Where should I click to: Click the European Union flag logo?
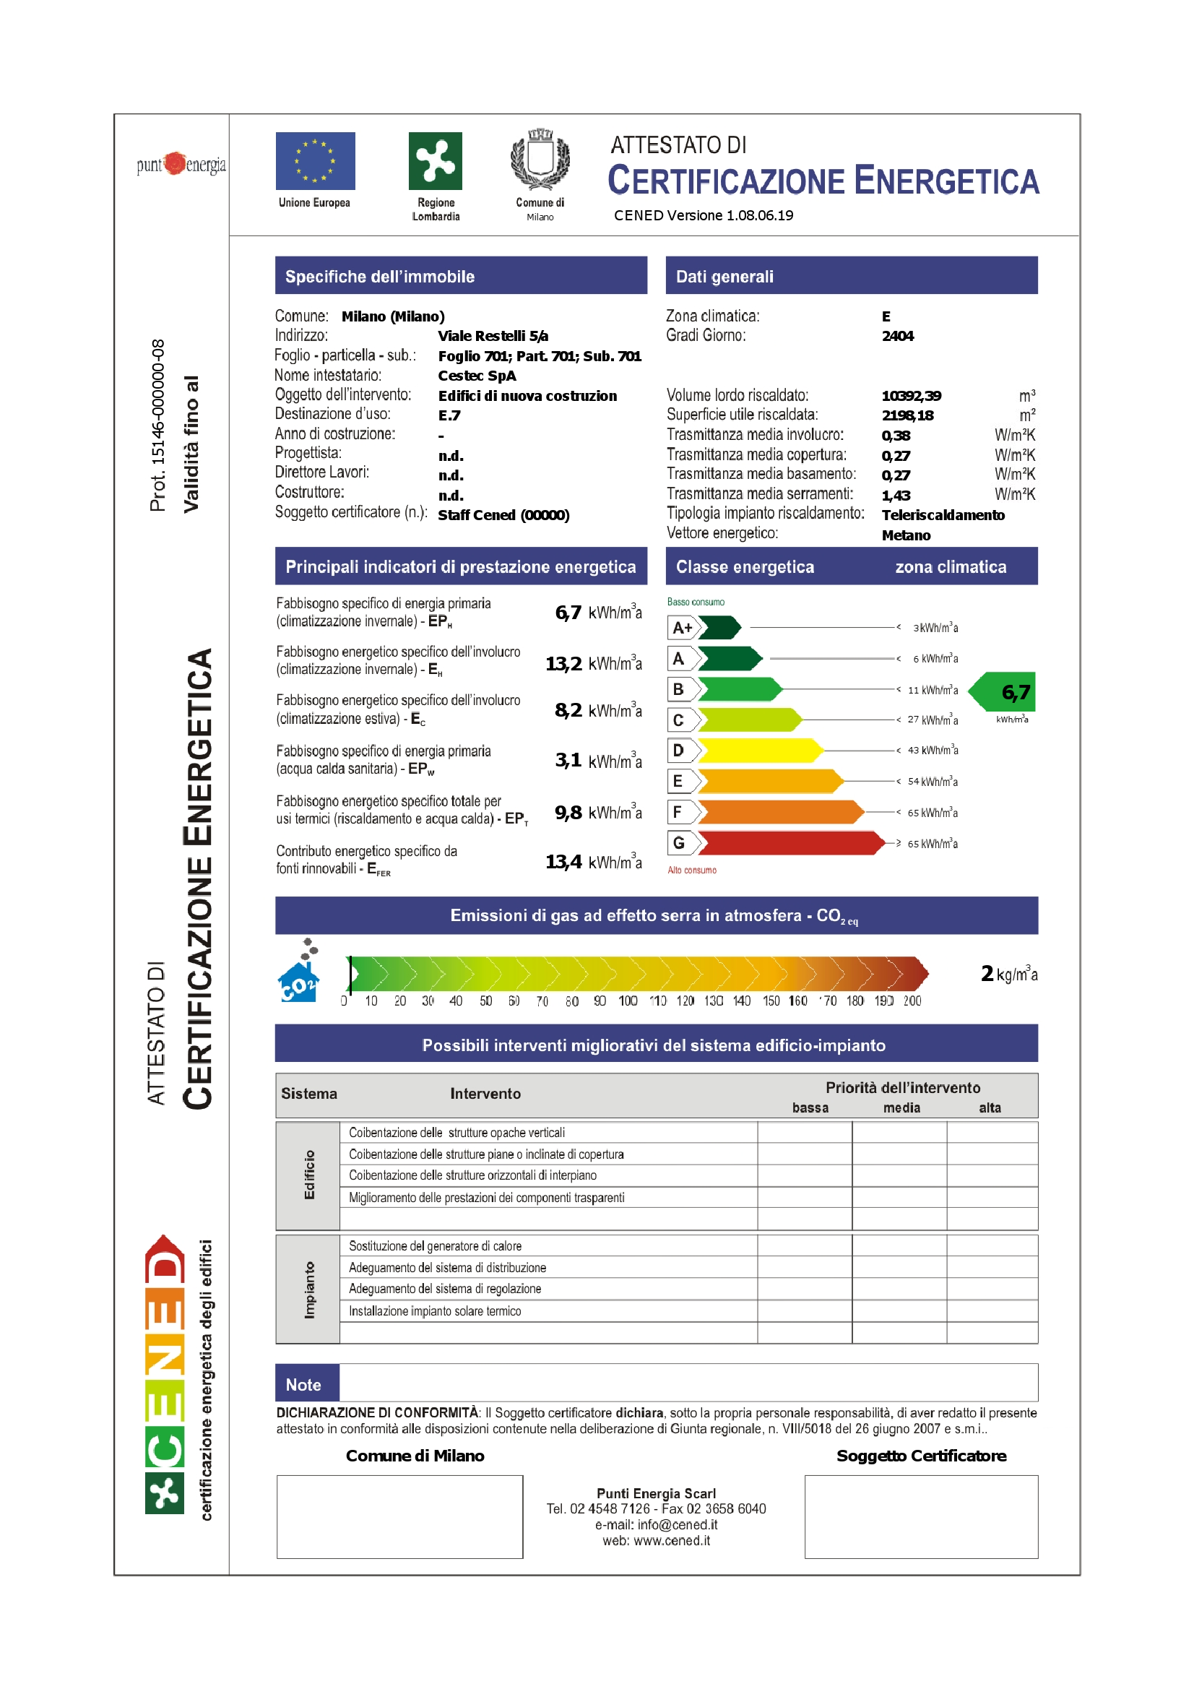click(x=315, y=160)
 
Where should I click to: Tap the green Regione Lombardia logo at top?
click(x=435, y=160)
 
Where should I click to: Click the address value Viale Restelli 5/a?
click(x=493, y=336)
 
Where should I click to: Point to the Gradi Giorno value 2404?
click(x=898, y=336)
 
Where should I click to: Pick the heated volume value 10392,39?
click(x=911, y=396)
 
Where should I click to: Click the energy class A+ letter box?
click(x=681, y=628)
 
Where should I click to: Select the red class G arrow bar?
click(x=791, y=843)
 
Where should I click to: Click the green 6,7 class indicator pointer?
click(x=1005, y=691)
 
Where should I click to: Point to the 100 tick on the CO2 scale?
click(x=628, y=1001)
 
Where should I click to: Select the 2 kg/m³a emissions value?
click(x=1008, y=974)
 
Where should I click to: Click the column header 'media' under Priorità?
click(x=901, y=1108)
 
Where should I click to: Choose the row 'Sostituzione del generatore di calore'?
click(x=436, y=1245)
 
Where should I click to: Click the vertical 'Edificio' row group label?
click(x=308, y=1175)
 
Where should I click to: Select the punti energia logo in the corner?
click(x=181, y=164)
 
